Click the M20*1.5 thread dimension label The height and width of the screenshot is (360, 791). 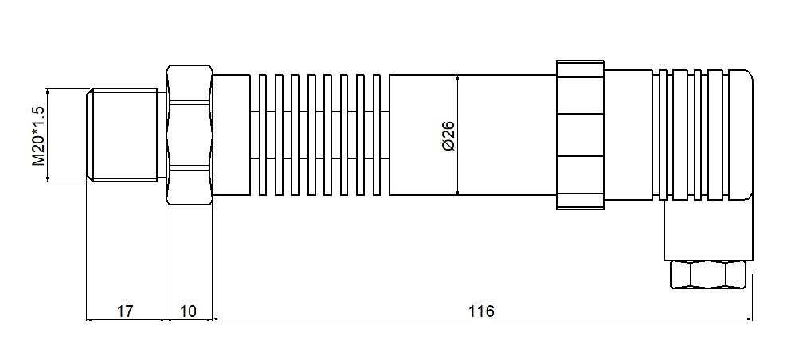pyautogui.click(x=37, y=135)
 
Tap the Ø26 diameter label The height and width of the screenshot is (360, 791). pyautogui.click(x=447, y=135)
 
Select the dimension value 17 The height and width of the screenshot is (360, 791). pyautogui.click(x=125, y=311)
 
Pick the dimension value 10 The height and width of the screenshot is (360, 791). pyautogui.click(x=189, y=311)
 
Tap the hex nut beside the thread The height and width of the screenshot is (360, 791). pyautogui.click(x=190, y=135)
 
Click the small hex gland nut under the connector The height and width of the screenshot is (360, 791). pyautogui.click(x=708, y=275)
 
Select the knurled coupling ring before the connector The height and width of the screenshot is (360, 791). pyautogui.click(x=580, y=135)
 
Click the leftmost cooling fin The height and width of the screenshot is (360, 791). pyautogui.click(x=262, y=135)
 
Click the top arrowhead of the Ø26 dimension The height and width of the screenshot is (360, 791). pyautogui.click(x=459, y=78)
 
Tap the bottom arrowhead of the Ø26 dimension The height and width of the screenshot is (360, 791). pyautogui.click(x=459, y=191)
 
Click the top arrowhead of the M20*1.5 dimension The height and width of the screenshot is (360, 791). pyautogui.click(x=49, y=91)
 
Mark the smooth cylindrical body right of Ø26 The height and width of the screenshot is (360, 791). pyautogui.click(x=510, y=135)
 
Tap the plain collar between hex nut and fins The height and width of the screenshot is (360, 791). pyautogui.click(x=232, y=135)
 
